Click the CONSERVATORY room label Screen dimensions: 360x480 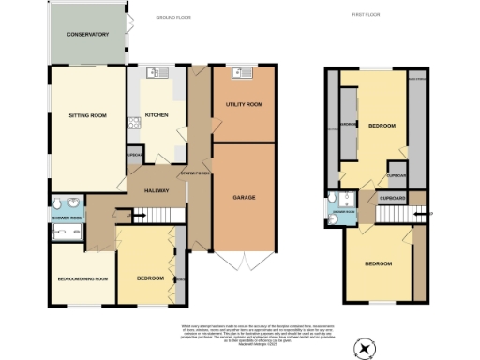point(88,35)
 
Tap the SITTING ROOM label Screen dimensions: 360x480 point(88,116)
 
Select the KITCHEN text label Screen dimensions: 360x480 point(157,116)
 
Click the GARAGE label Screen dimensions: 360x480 point(243,198)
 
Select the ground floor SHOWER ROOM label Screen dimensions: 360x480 point(67,217)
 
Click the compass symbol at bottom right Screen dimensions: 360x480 point(363,349)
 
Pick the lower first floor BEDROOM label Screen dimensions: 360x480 point(379,263)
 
